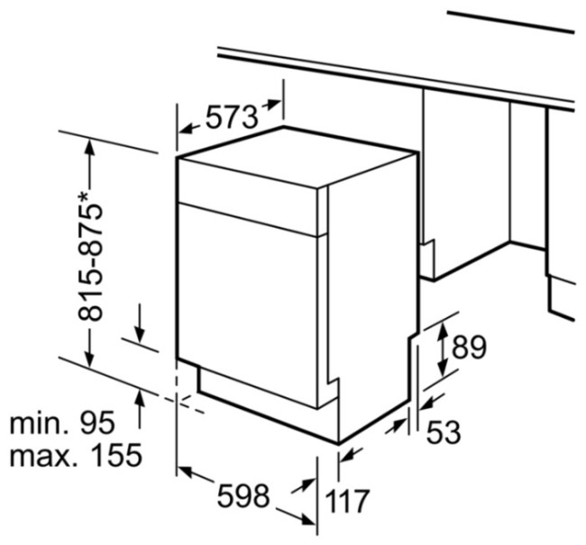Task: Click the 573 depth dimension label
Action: [x=232, y=117]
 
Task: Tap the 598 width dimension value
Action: [x=243, y=495]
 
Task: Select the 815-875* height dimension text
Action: [x=89, y=257]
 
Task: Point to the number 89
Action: [x=469, y=347]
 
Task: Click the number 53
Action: [x=444, y=431]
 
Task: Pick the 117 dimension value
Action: [x=347, y=501]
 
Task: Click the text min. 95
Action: [x=62, y=422]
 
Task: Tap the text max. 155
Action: [x=76, y=455]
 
